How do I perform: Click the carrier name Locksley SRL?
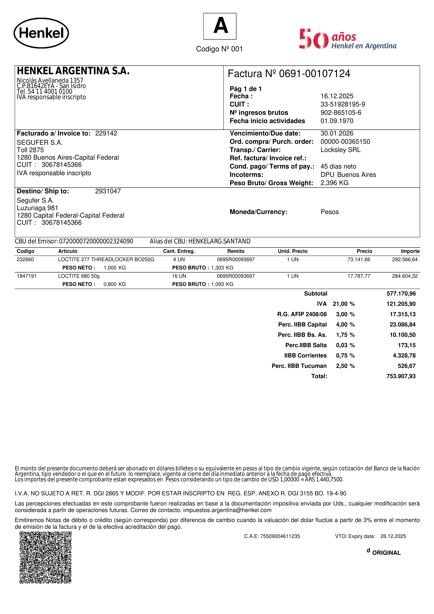340,150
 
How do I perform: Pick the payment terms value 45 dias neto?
338,166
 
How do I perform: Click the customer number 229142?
106,133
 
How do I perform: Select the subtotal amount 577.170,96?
401,294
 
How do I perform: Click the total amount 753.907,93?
401,376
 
